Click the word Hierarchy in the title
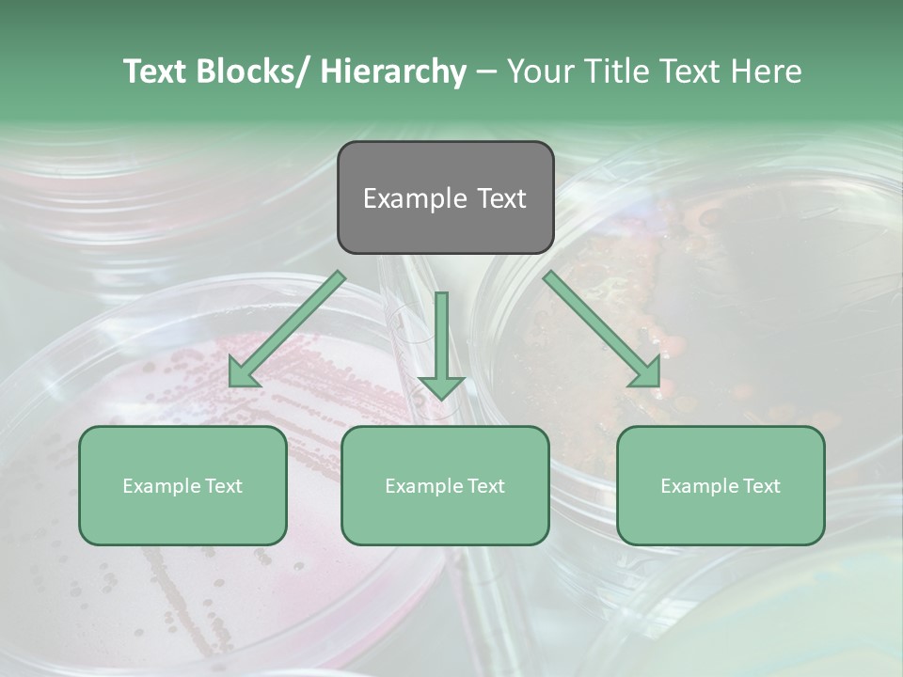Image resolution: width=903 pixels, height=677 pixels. (393, 71)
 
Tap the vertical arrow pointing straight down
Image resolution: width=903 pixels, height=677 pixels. (441, 338)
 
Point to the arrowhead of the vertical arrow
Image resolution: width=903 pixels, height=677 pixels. (441, 386)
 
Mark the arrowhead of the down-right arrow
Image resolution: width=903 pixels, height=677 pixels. (647, 374)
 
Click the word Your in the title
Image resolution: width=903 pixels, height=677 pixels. (541, 71)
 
